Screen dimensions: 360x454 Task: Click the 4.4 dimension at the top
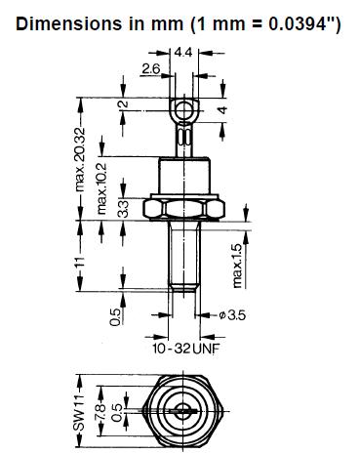click(x=183, y=53)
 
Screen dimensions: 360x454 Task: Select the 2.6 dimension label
click(x=151, y=68)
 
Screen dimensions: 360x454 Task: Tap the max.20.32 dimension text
click(x=79, y=159)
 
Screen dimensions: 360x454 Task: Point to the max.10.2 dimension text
click(x=101, y=188)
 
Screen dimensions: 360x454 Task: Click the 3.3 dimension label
click(x=123, y=209)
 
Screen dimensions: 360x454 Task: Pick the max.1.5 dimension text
click(x=238, y=266)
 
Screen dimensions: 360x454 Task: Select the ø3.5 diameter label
click(x=232, y=315)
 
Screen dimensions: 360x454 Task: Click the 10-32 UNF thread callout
click(x=186, y=349)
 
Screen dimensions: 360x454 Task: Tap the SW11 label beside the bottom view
click(x=78, y=414)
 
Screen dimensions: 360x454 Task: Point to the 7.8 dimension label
click(x=100, y=412)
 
